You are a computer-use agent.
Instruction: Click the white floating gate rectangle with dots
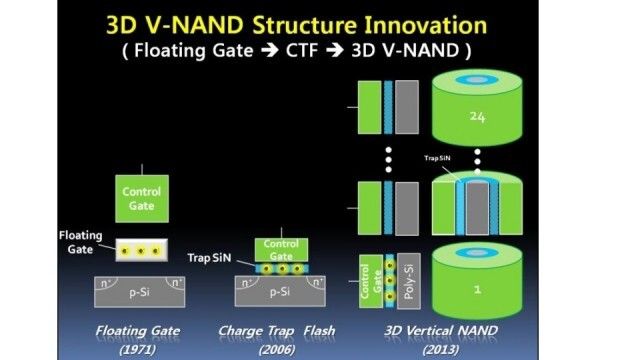coord(141,247)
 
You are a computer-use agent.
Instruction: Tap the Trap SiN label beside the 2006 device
coord(209,258)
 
